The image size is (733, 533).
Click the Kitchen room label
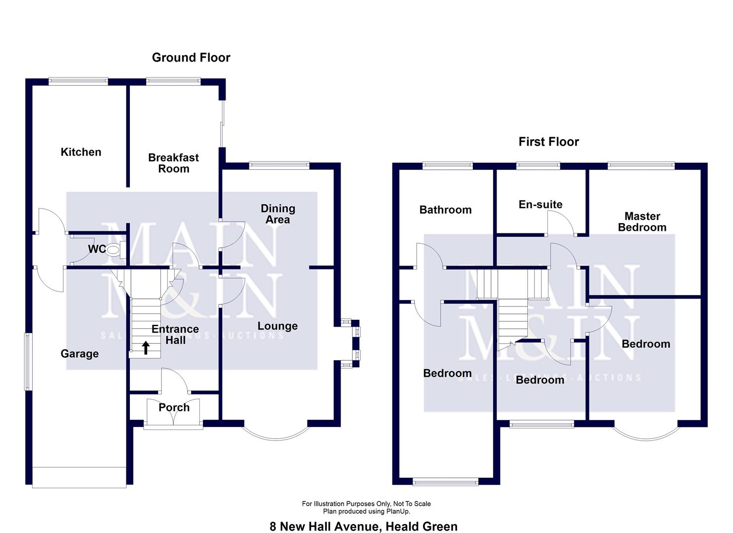click(80, 152)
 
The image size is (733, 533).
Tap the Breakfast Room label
click(173, 163)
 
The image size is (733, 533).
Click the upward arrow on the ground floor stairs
click(146, 348)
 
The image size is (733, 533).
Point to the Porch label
click(174, 408)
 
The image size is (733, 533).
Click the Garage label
click(79, 354)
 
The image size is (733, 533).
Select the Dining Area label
click(278, 214)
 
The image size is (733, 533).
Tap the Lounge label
click(277, 326)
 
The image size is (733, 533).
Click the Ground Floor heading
click(191, 58)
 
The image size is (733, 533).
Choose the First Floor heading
click(548, 142)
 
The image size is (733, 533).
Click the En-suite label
click(540, 205)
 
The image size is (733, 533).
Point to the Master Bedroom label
click(642, 222)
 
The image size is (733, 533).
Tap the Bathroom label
click(445, 210)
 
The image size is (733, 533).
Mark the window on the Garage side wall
click(28, 362)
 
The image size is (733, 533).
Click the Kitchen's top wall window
click(78, 82)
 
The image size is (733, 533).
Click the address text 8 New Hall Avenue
click(325, 527)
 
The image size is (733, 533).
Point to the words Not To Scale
click(412, 504)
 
